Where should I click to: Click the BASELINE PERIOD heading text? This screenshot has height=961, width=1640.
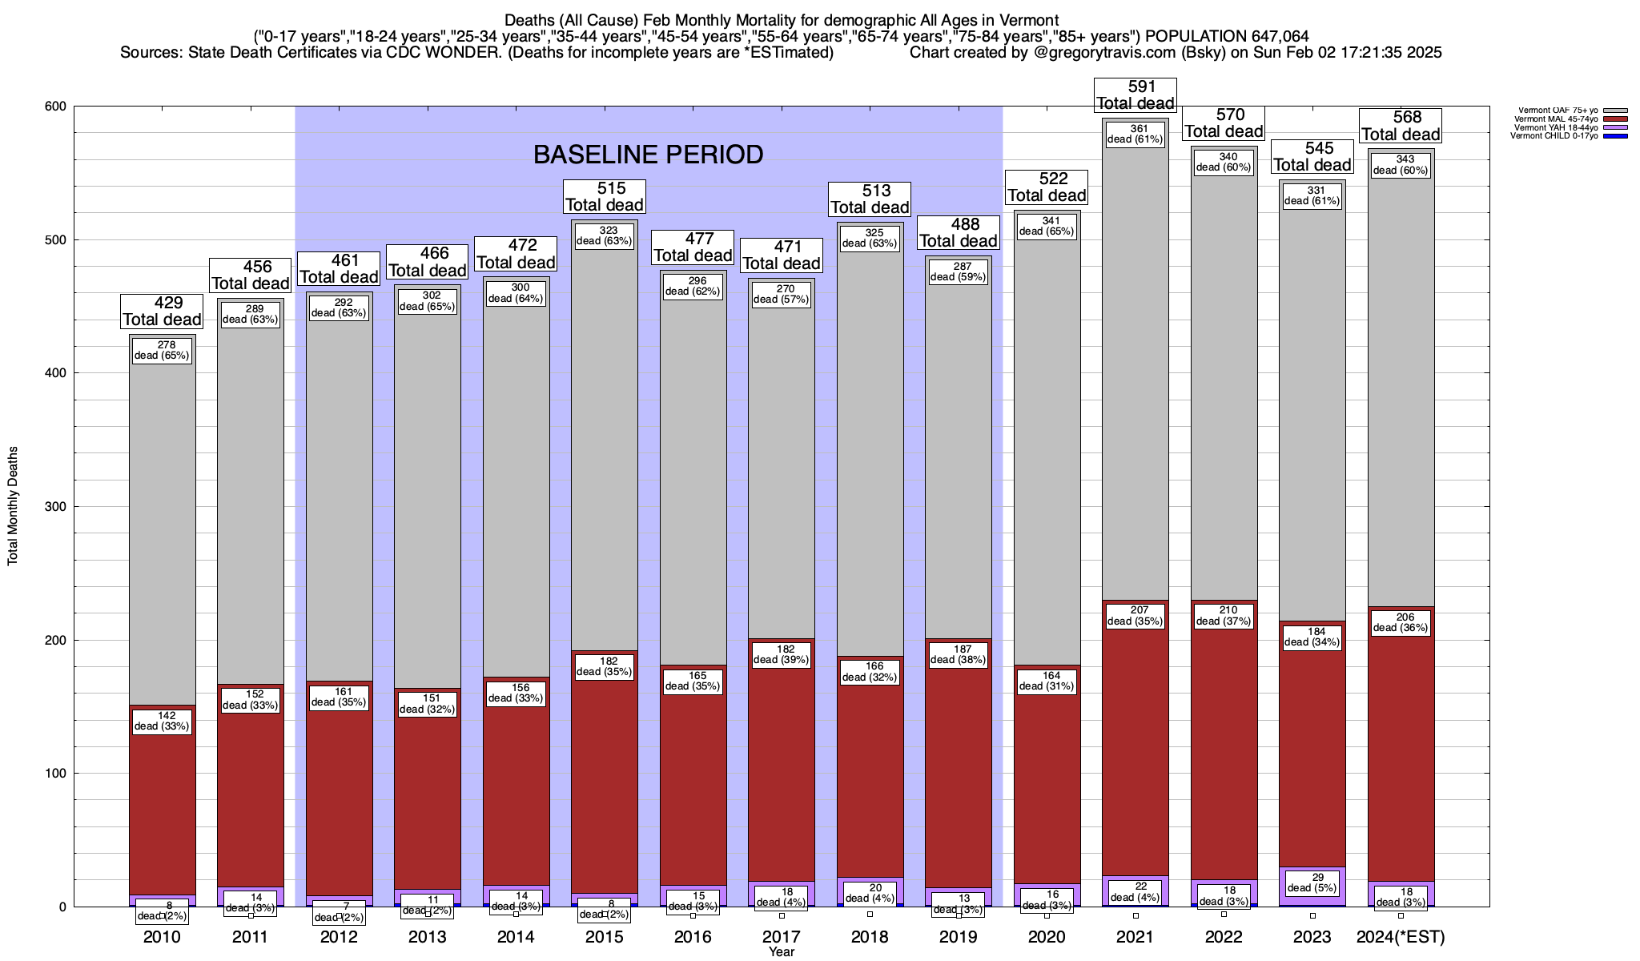648,155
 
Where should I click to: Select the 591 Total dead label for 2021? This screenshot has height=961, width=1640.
1136,95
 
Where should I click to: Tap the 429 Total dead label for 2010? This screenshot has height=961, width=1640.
162,312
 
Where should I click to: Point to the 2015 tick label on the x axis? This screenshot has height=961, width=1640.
605,937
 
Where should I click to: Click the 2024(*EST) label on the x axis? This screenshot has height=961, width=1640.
1401,937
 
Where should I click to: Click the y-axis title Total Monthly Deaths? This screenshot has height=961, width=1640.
13,506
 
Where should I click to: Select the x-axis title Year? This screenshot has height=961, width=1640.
782,952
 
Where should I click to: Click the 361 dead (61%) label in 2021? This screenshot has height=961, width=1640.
1135,134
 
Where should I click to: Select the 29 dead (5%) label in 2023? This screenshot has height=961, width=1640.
1312,882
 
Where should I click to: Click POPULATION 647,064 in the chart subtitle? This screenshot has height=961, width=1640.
1227,36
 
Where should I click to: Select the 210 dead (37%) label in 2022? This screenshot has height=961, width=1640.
1224,616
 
